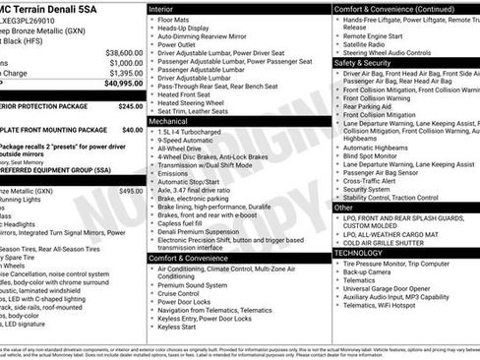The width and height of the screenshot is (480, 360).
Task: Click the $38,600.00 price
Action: coord(124,52)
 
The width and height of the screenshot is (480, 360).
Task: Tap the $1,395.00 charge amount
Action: coord(125,73)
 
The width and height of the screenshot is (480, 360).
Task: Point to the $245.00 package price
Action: coord(131,106)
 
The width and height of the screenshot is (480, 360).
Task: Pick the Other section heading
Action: coord(344,208)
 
